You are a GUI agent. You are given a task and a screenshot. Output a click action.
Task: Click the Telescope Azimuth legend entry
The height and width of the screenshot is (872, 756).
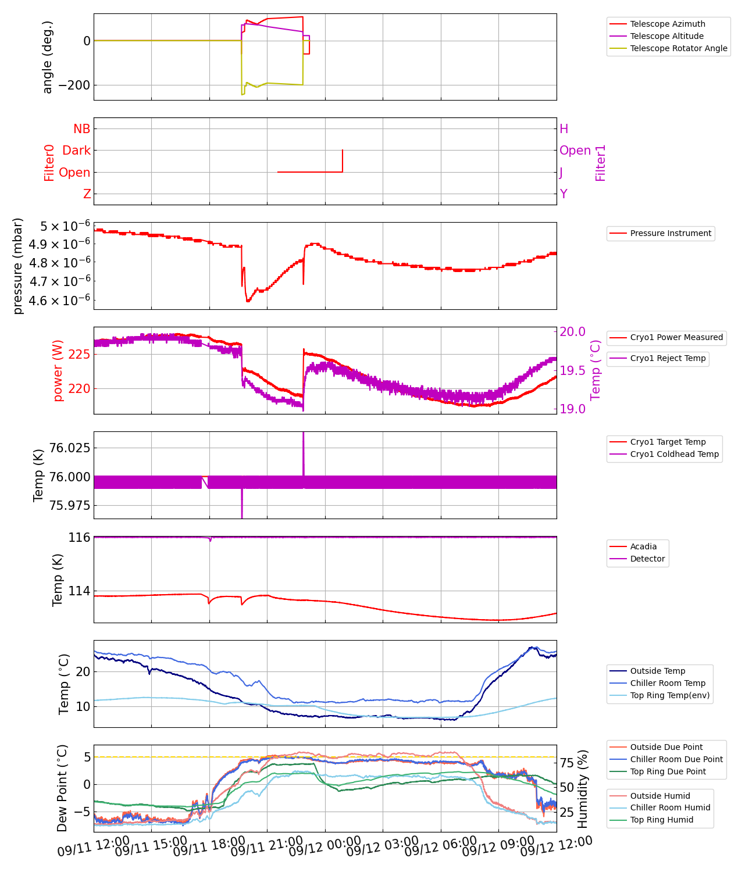tap(667, 24)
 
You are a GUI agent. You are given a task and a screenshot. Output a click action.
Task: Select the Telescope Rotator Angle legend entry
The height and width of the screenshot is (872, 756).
tap(678, 48)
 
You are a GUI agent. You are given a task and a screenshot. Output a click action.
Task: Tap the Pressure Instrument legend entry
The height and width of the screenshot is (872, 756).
tap(670, 233)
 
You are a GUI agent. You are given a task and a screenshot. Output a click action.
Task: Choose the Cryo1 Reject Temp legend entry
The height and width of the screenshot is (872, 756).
tap(668, 358)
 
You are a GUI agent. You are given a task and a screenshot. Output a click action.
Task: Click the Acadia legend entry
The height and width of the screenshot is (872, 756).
tap(643, 546)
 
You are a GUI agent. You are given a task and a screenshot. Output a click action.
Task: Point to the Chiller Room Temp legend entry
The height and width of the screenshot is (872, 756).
tap(668, 683)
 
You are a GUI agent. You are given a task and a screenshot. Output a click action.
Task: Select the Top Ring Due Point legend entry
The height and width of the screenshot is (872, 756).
tap(668, 771)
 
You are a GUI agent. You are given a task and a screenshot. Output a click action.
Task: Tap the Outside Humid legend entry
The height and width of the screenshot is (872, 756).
tap(660, 796)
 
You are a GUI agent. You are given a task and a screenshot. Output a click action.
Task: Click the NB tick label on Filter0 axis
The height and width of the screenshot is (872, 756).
tap(82, 129)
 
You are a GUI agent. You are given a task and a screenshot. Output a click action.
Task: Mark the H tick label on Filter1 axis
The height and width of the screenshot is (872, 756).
tap(564, 129)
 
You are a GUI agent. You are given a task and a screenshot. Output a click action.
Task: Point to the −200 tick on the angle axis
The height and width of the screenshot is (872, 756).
tap(70, 85)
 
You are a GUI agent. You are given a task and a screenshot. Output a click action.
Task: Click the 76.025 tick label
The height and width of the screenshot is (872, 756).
tap(70, 448)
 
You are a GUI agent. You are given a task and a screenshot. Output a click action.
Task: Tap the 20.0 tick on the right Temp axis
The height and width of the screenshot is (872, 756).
tap(572, 331)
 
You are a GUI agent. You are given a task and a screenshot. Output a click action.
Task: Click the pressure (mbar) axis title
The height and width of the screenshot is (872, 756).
tap(18, 266)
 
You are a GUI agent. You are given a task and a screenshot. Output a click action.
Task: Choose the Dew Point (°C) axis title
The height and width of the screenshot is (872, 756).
tap(62, 788)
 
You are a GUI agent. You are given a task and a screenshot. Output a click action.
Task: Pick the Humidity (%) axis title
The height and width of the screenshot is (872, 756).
tap(583, 788)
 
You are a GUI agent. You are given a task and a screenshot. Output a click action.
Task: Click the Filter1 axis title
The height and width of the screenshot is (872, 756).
tap(601, 163)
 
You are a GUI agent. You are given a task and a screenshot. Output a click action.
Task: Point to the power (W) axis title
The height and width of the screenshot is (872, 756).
tap(58, 374)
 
